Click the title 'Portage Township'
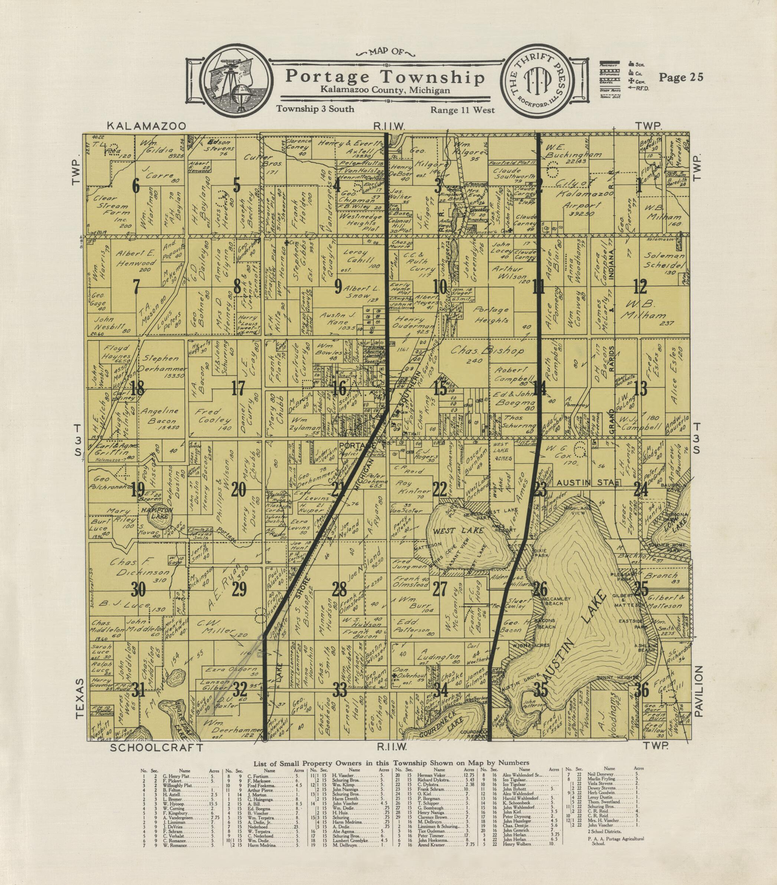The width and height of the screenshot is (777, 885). [384, 77]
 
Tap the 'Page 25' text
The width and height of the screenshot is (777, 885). [681, 77]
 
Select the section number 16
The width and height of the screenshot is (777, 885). [340, 390]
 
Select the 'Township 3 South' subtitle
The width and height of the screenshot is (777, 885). [315, 109]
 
